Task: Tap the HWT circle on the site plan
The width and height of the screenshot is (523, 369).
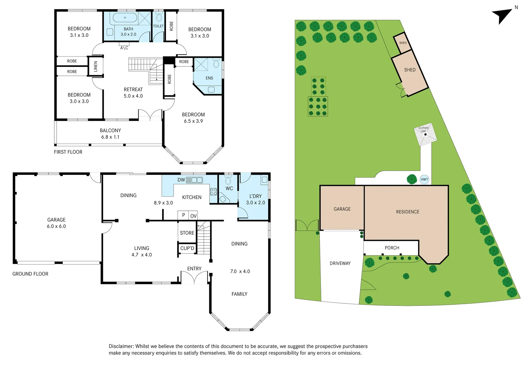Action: (424, 179)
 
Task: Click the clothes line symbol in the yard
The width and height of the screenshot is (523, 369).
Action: (425, 134)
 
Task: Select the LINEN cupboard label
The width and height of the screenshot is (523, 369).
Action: (95, 66)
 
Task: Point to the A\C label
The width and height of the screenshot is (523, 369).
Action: (124, 48)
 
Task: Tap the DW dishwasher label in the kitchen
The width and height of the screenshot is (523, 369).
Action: (181, 180)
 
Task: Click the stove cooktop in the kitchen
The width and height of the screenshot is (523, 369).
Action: (213, 191)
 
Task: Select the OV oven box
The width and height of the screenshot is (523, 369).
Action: (193, 216)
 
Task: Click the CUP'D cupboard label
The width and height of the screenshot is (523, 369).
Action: (187, 248)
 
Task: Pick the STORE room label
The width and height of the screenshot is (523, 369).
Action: (187, 233)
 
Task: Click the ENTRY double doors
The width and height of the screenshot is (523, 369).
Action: (194, 277)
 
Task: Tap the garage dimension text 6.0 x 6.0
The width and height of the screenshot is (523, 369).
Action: (56, 226)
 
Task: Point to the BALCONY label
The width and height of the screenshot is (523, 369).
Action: (110, 131)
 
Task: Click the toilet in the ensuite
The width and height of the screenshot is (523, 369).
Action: (216, 63)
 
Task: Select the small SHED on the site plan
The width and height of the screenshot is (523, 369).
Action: (402, 43)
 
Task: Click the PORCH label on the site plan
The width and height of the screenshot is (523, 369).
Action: (392, 248)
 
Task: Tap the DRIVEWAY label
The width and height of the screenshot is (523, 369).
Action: (340, 263)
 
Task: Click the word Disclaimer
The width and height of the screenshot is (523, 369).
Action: (121, 346)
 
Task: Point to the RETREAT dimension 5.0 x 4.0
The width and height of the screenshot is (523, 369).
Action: (133, 96)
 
